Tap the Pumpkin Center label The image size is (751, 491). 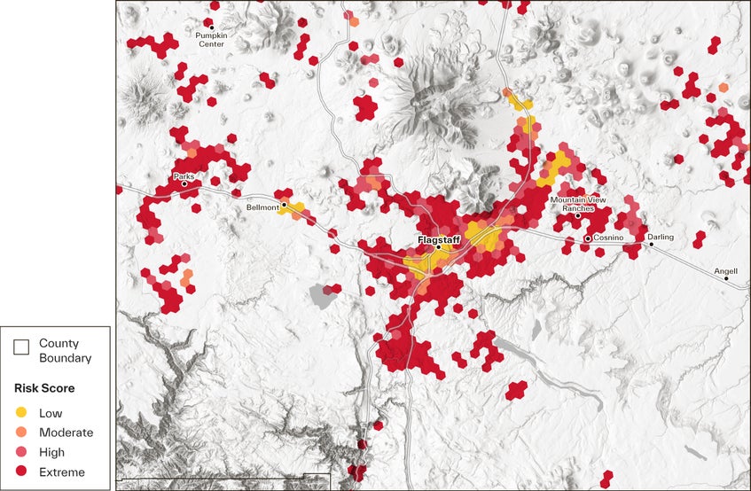point(211,39)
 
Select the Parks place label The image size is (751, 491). point(184,176)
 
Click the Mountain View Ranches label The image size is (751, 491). point(577,204)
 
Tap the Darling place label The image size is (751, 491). point(661,237)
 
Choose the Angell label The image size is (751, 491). point(725,270)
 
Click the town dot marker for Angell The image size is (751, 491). point(727,279)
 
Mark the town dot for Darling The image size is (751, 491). point(651,245)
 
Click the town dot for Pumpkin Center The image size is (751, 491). point(211,27)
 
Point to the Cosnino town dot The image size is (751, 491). point(588,239)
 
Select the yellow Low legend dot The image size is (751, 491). point(21,413)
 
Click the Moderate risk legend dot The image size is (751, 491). point(21,433)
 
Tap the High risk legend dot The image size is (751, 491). point(21,452)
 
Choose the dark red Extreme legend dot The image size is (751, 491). point(21,472)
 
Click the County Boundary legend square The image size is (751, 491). point(21,350)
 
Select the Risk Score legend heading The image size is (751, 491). point(43,388)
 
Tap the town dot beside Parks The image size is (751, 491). point(184,184)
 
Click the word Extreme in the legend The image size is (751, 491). point(62,472)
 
